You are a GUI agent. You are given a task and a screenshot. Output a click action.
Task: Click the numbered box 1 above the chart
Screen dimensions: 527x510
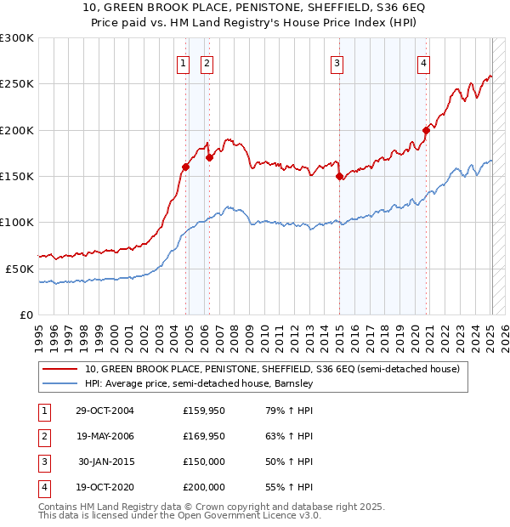coord(183,62)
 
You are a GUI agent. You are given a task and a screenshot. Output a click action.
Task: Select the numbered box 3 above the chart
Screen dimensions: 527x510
coord(337,62)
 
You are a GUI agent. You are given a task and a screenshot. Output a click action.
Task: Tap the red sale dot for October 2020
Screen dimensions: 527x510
coord(426,130)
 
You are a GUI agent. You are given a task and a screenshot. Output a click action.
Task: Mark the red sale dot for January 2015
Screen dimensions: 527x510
coord(339,177)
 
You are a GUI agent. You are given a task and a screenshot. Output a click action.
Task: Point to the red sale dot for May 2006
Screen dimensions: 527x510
coord(209,157)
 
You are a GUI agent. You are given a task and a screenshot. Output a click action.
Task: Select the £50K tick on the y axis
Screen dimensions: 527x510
coord(20,269)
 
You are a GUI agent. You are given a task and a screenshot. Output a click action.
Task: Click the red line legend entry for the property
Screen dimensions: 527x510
coord(272,369)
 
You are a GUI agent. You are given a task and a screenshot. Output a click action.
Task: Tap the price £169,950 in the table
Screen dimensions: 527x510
coord(204,436)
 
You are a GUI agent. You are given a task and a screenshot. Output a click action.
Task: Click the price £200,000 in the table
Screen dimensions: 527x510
coord(204,487)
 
